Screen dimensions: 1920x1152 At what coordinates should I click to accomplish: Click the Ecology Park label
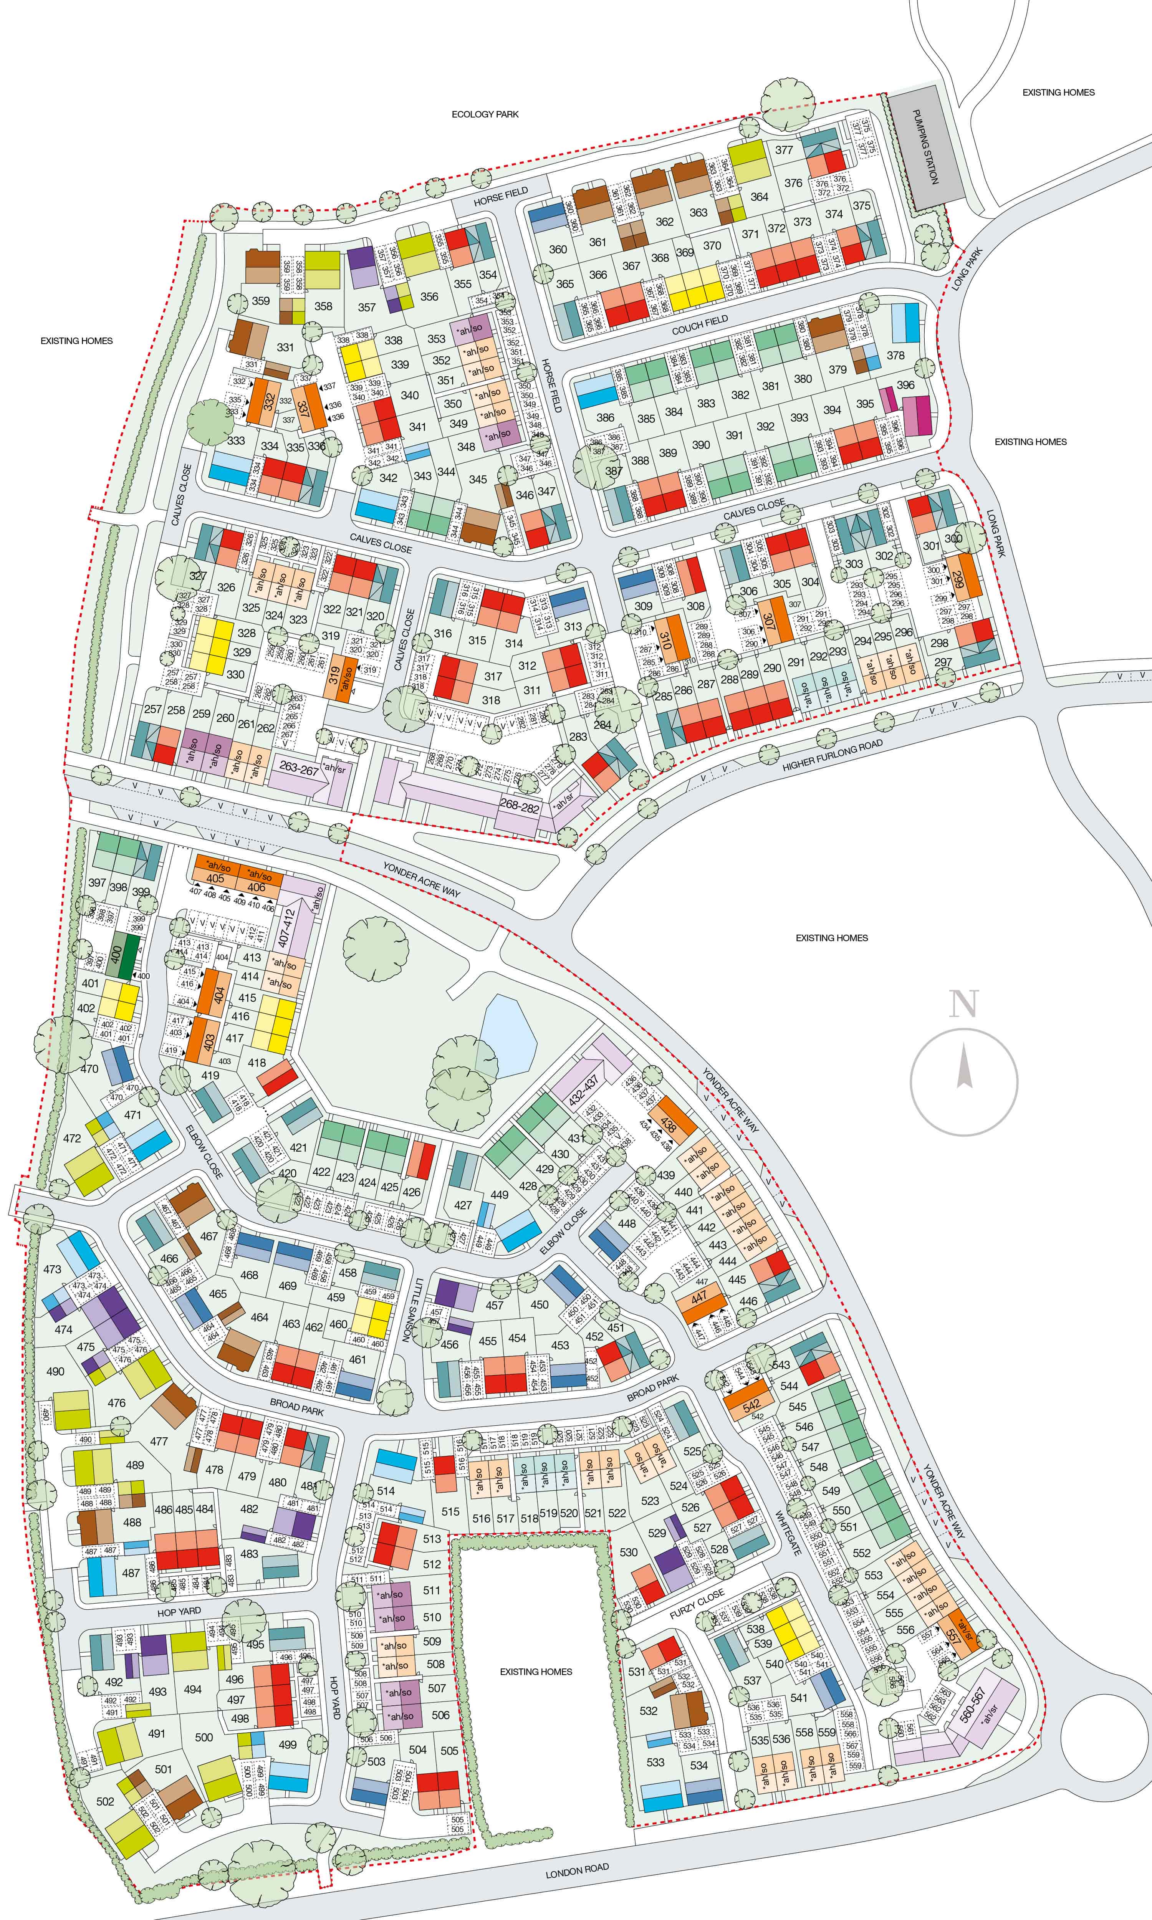click(x=485, y=114)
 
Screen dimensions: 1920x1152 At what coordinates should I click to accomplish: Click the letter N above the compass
click(x=963, y=1003)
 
